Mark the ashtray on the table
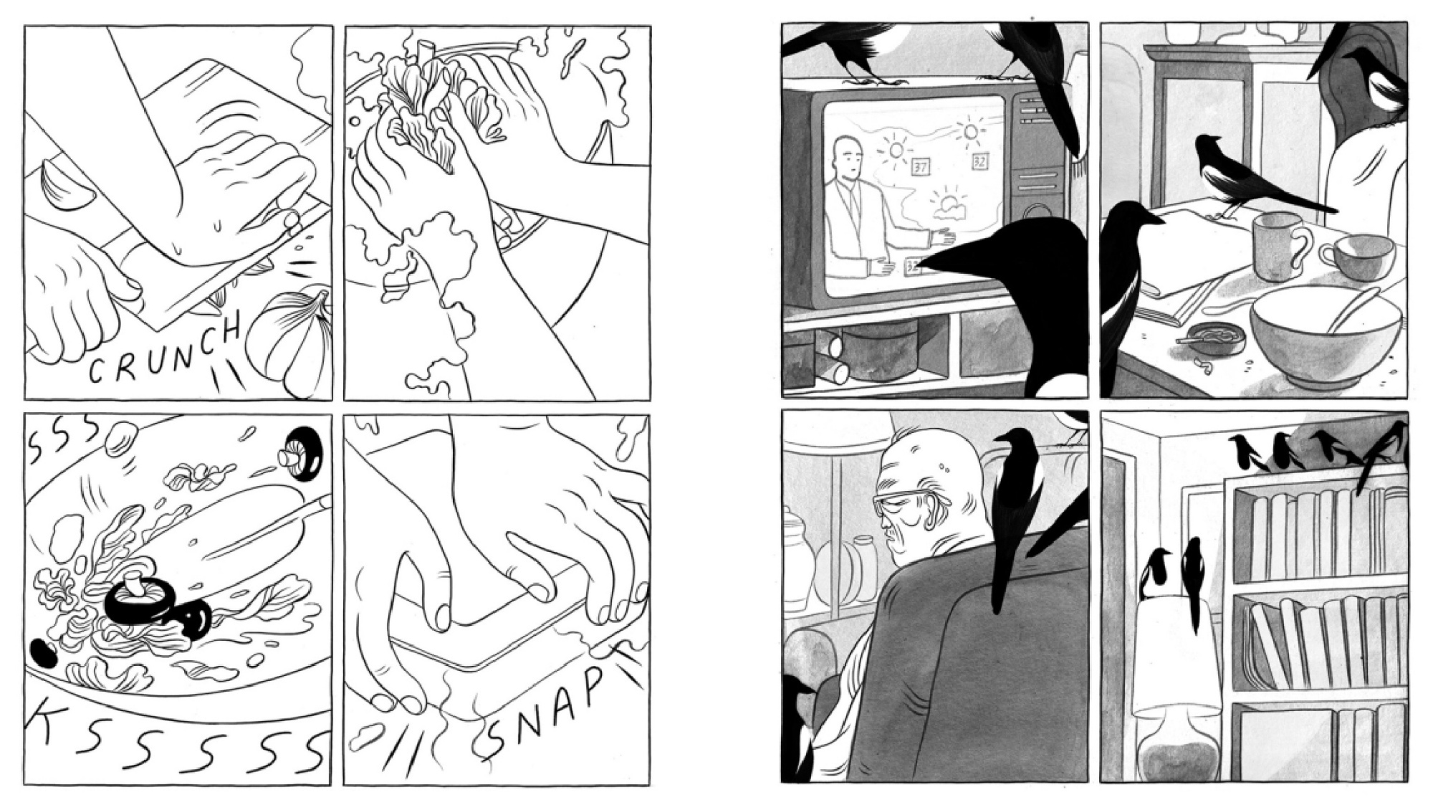coord(1204,336)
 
